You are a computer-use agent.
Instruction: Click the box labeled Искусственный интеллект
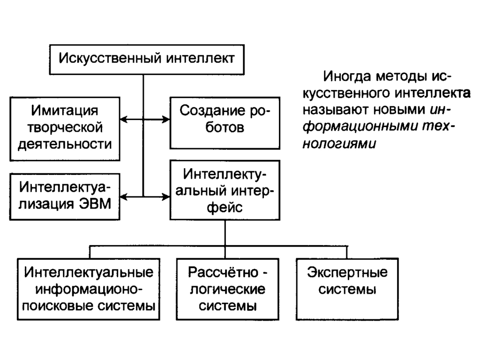146,60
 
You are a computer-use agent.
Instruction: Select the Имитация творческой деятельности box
65,128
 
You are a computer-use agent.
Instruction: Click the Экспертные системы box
347,287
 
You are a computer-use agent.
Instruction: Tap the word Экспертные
347,272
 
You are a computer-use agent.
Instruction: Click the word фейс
225,207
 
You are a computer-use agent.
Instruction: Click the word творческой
65,127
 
